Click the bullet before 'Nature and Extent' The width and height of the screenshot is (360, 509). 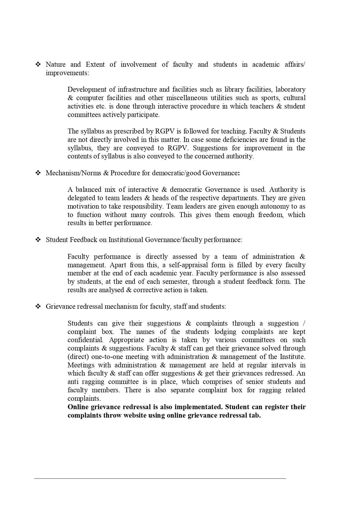tap(38, 64)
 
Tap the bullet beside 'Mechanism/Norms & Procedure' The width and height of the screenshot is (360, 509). tap(38, 173)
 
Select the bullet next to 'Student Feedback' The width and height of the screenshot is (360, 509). tap(38, 240)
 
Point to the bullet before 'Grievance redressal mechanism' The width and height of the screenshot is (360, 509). tap(38, 307)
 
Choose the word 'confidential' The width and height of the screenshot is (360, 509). tap(85, 340)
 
